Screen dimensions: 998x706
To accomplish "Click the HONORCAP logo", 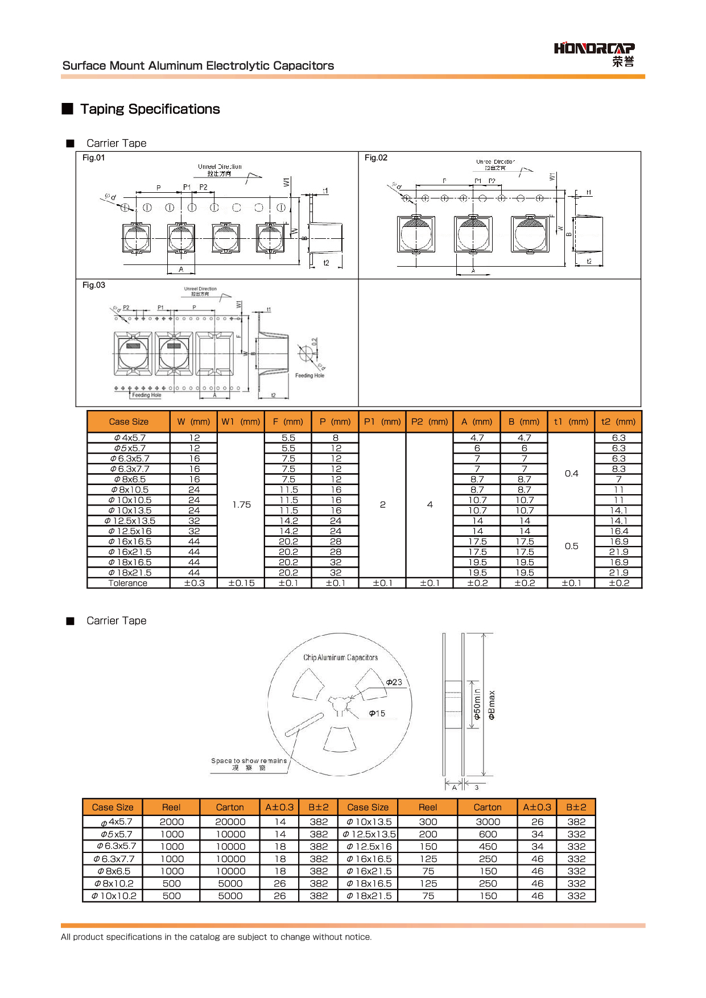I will click(594, 53).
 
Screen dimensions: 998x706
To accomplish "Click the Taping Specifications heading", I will click(150, 109).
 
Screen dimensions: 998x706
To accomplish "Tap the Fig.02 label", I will click(376, 158).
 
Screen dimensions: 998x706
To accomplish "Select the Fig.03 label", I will click(94, 285).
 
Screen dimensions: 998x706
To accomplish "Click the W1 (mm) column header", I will click(241, 422).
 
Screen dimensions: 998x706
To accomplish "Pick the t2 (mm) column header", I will click(618, 422).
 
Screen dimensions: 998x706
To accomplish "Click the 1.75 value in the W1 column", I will click(241, 505).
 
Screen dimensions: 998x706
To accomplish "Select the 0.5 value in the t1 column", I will click(571, 546).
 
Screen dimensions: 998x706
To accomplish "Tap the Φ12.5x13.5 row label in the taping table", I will click(130, 521).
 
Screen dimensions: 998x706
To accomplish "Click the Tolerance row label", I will click(128, 583).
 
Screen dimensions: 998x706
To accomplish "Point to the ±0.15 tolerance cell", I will click(241, 583).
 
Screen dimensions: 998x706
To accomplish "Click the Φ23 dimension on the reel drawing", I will click(394, 682).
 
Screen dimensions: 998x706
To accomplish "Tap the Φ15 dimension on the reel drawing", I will click(377, 714).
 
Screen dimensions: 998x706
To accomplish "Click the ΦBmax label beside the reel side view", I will click(492, 705).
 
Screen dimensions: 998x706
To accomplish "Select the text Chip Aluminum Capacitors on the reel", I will click(340, 658).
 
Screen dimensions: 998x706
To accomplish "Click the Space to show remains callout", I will click(249, 761).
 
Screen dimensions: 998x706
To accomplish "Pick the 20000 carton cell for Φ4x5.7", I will click(230, 822).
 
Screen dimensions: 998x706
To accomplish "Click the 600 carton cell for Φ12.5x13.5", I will click(488, 835).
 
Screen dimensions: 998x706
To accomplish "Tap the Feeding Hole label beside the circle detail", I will click(309, 376).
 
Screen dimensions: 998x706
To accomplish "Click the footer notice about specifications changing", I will click(216, 937).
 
